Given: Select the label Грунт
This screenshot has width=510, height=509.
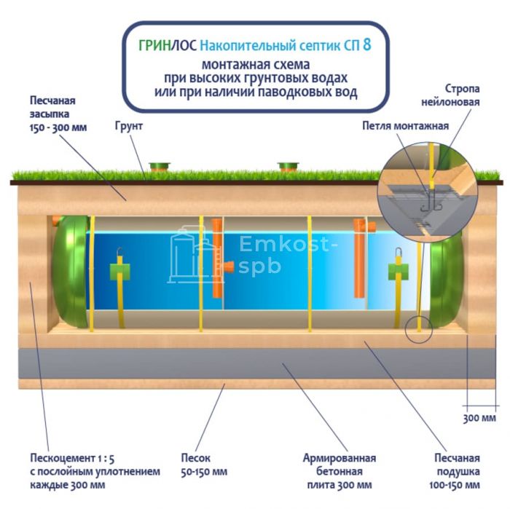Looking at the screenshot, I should point(128,126).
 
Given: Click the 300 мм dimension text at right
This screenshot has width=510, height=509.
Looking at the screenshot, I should point(477,418).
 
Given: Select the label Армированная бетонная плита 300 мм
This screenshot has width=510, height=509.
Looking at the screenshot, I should point(339,471).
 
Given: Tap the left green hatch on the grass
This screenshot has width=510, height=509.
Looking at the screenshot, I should point(159,167).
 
